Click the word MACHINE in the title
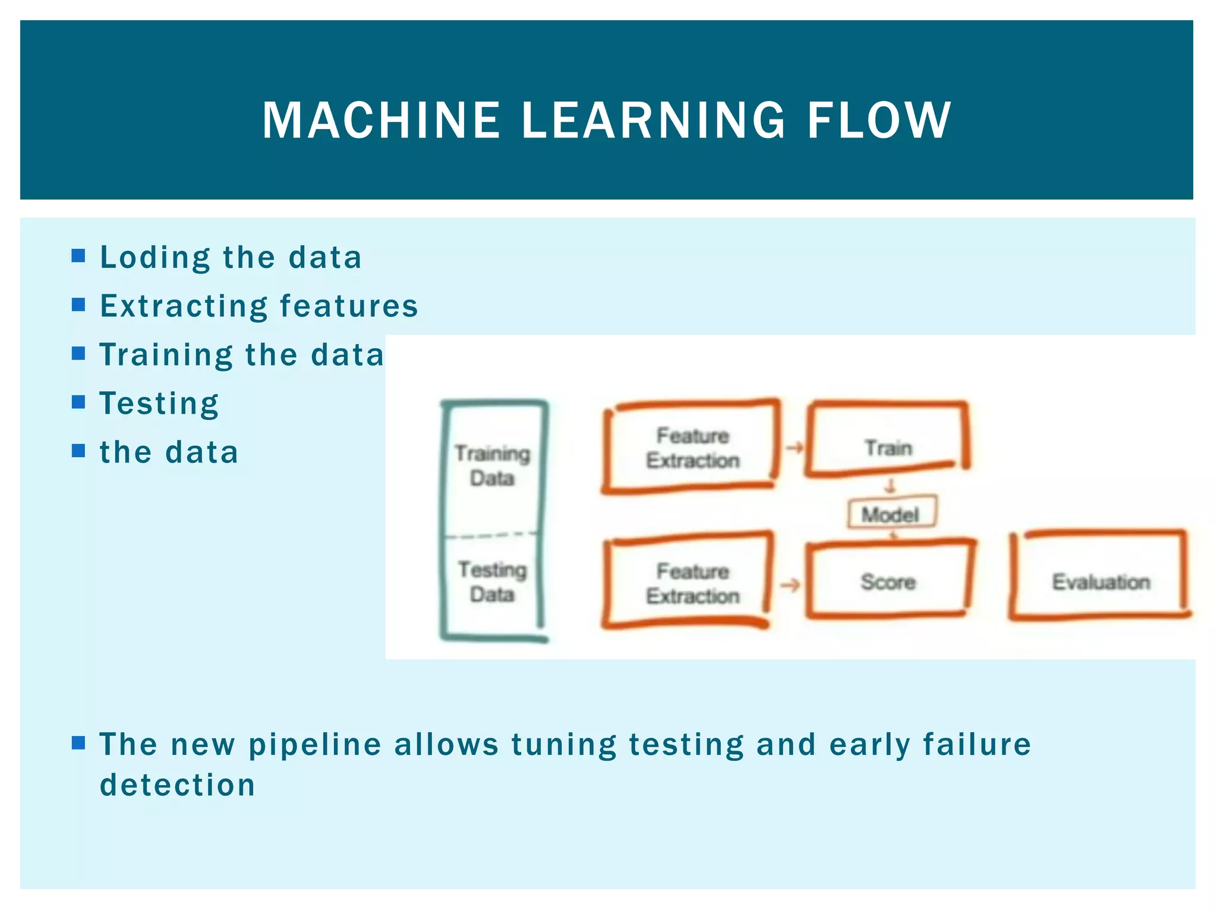coord(381,121)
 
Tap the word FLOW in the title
coord(879,121)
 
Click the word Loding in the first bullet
coord(155,258)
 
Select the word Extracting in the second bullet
coord(184,307)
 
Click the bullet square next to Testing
coord(78,402)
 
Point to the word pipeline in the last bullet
coord(314,745)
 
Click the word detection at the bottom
coord(177,785)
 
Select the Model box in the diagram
coord(891,514)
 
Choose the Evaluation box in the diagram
coord(1101,581)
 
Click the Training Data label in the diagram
coord(492,465)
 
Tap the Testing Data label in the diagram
coord(492,581)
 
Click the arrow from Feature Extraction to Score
coord(790,585)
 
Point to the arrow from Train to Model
coord(890,486)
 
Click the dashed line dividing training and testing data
coord(492,536)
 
